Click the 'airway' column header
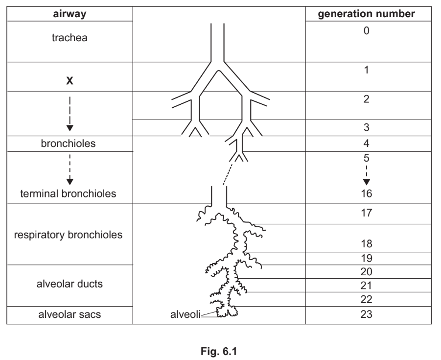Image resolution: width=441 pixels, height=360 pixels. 70,14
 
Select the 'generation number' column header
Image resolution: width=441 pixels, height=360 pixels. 366,14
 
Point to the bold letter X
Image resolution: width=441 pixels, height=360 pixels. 70,81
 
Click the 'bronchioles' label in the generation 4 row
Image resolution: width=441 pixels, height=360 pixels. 70,144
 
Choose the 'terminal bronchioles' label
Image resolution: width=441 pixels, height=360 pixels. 68,193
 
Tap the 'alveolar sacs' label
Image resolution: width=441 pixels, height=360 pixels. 70,314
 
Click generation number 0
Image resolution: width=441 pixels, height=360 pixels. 366,30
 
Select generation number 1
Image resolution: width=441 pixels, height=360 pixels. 366,70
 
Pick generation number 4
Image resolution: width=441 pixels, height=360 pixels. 366,144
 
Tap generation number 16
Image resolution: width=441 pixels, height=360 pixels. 366,193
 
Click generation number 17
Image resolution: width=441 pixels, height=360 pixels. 366,213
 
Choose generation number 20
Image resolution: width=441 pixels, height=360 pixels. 366,271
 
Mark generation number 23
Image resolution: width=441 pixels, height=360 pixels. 366,314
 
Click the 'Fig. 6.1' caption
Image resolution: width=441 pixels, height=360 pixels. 220,349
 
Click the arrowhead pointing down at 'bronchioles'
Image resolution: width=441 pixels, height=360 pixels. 70,128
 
